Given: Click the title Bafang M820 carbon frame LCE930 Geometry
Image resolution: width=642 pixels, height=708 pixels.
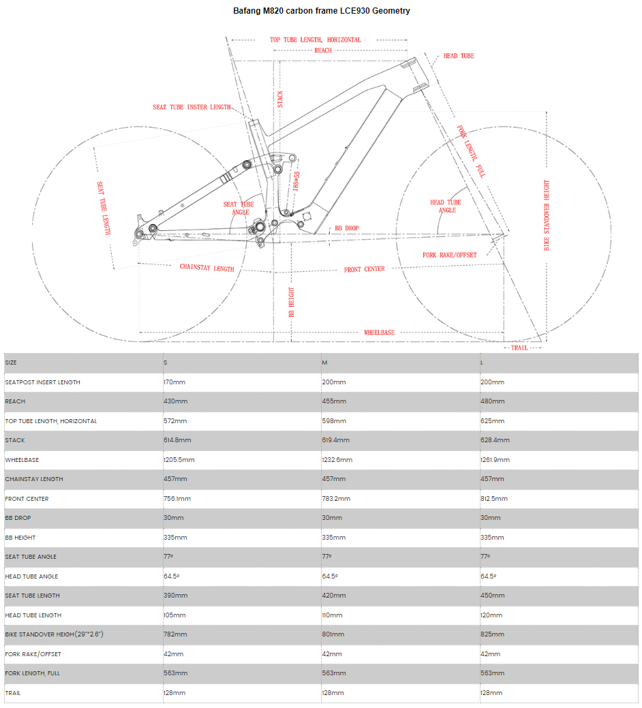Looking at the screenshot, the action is tap(321, 11).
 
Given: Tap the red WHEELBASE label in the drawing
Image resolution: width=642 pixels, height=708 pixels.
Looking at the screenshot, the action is tap(379, 333).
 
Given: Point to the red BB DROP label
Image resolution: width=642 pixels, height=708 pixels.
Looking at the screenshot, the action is tap(347, 228).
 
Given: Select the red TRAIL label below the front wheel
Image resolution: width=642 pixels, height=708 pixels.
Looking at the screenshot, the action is tap(519, 348).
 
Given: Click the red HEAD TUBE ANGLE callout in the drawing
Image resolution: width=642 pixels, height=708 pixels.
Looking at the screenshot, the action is tap(446, 206).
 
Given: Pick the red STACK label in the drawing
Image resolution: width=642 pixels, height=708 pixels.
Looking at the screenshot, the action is tap(280, 99).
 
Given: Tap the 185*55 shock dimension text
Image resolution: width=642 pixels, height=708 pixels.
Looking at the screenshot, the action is tap(296, 181).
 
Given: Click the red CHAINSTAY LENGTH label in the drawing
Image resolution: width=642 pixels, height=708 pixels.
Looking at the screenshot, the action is tap(207, 267).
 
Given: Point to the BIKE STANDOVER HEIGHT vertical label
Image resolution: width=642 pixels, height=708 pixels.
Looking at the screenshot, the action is tap(547, 215).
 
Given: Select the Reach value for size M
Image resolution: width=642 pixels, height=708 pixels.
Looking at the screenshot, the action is tap(334, 401).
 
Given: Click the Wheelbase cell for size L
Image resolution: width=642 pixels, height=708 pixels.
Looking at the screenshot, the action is tap(495, 460).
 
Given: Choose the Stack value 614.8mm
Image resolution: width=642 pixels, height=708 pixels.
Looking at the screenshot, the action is tap(177, 440).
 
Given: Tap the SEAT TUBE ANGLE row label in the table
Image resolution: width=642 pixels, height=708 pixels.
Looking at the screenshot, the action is tap(31, 557).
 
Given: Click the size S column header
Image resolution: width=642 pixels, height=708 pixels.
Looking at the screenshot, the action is tap(165, 363).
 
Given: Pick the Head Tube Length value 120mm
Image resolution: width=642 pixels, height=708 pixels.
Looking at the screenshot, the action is tap(491, 615).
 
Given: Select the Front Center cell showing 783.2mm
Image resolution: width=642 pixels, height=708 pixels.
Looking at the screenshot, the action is tap(336, 499).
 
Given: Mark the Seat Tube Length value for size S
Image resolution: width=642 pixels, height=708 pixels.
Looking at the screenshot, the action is tap(175, 596).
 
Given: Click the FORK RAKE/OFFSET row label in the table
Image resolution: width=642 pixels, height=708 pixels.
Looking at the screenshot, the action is tap(33, 653).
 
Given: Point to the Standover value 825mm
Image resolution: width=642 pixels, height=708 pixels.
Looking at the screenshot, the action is tap(492, 634).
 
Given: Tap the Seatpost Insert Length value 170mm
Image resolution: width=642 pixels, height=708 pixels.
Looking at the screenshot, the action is tap(174, 382).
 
